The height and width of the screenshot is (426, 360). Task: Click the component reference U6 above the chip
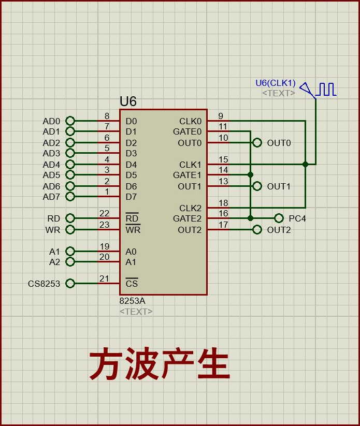(x=128, y=101)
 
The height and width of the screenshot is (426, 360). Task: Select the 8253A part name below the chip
(x=132, y=301)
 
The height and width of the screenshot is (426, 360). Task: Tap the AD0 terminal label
(x=51, y=122)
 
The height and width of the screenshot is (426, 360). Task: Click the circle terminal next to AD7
(x=70, y=197)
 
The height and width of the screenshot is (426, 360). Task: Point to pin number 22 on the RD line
(x=104, y=213)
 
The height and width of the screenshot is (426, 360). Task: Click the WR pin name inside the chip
(x=133, y=230)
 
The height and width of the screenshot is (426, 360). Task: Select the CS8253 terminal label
(x=44, y=284)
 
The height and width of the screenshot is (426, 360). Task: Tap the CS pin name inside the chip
(x=132, y=284)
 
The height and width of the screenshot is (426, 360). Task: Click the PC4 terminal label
(x=297, y=218)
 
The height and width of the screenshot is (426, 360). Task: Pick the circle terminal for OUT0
(x=257, y=143)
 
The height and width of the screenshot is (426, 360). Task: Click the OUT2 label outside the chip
(x=279, y=230)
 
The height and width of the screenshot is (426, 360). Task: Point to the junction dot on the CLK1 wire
(x=306, y=164)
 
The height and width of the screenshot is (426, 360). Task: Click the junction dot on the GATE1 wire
(x=251, y=175)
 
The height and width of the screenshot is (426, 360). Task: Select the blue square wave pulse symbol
(x=327, y=90)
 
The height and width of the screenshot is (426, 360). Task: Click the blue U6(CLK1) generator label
(x=275, y=83)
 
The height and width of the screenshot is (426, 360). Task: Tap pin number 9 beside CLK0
(x=221, y=116)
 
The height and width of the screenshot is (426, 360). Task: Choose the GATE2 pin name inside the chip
(x=187, y=218)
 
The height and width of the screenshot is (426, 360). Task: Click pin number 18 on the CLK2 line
(x=223, y=203)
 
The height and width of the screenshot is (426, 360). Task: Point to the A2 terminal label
(x=54, y=262)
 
